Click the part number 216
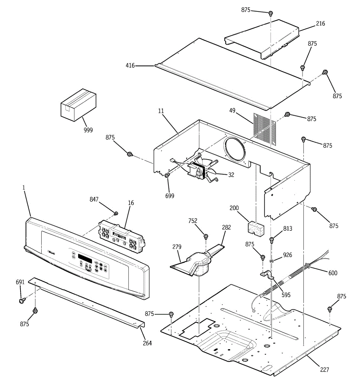[320, 23]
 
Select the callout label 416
[130, 66]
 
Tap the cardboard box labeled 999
[78, 105]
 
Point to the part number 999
[88, 130]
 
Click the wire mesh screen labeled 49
[264, 128]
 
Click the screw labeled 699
[167, 175]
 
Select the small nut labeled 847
[116, 213]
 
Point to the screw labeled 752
[206, 236]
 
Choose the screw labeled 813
[272, 239]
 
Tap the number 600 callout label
[333, 273]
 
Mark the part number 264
[147, 343]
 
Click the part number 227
[324, 370]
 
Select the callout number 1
[23, 188]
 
